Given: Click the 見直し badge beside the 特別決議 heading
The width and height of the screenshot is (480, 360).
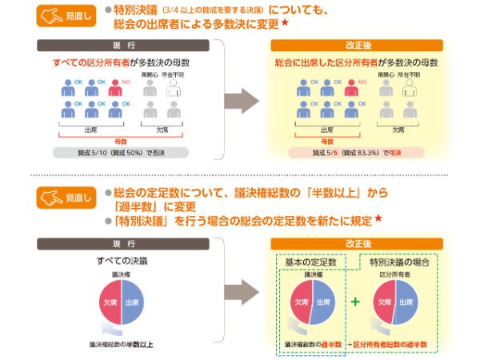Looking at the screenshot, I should click(69, 16).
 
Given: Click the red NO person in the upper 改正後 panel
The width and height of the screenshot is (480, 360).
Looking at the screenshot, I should click(350, 89).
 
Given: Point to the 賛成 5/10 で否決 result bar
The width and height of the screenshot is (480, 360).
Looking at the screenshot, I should click(120, 151).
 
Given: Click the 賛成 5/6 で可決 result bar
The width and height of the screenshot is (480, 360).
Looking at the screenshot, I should click(357, 151).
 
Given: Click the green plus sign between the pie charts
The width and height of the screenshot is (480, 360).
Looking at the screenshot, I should click(355, 302).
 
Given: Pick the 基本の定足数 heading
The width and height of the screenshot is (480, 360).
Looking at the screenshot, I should click(310, 262).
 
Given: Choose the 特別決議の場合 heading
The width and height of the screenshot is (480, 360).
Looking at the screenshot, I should click(399, 262).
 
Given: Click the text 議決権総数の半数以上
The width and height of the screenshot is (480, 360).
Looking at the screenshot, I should click(122, 345).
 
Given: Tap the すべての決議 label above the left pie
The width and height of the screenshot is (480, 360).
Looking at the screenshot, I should click(121, 262).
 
